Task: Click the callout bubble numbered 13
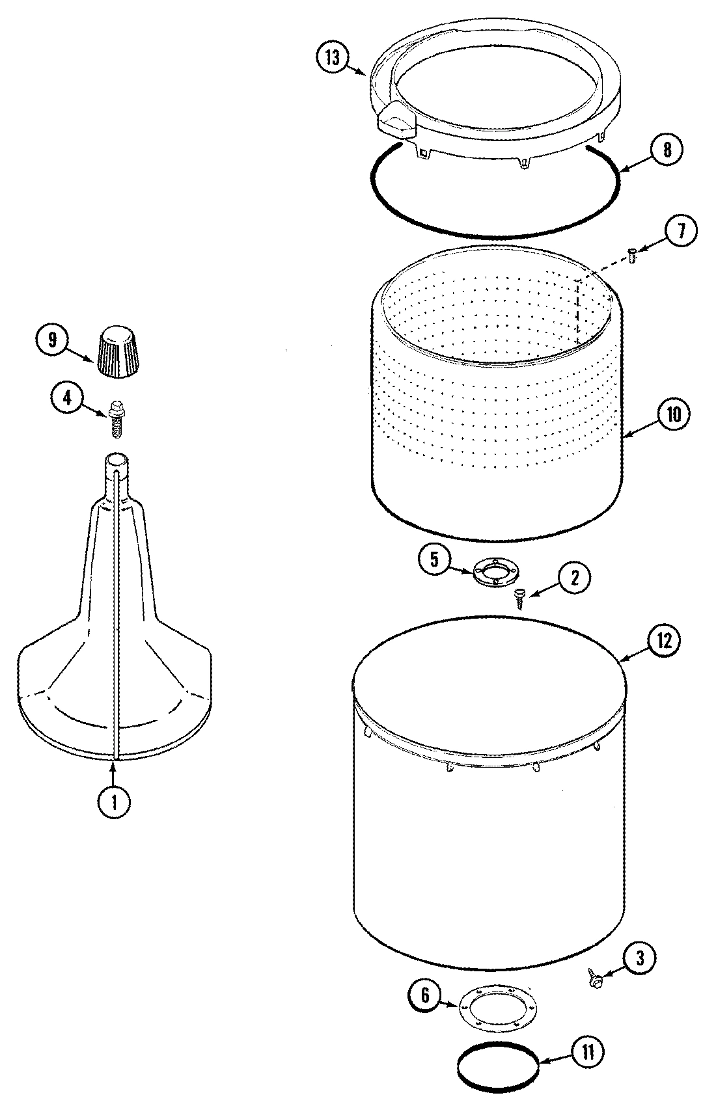pos(333,58)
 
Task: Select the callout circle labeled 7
pos(680,232)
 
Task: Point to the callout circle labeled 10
pos(673,414)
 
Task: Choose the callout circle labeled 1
pos(114,802)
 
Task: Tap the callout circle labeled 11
pos(587,1052)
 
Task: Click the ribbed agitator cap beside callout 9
pos(118,351)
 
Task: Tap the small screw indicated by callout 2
pos(520,597)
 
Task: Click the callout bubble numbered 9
pos(53,339)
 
